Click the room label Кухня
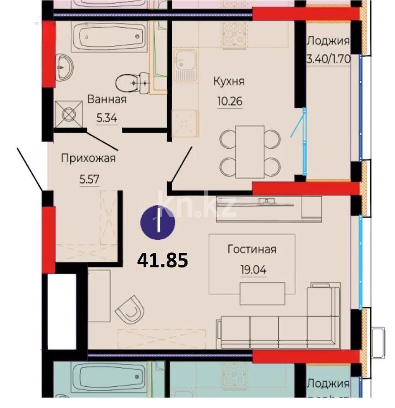coord(229,82)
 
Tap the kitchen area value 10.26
coord(230,101)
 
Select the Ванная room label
coord(107,99)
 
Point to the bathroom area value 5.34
coord(107,118)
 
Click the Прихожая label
coord(88,158)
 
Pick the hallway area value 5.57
coord(89,178)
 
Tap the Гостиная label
coord(252,249)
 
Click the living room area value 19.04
coord(253,270)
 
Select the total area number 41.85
coord(162,260)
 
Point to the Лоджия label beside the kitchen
coord(328,41)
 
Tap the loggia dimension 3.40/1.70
coord(328,58)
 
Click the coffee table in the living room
coord(262,293)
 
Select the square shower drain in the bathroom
coord(69,114)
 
